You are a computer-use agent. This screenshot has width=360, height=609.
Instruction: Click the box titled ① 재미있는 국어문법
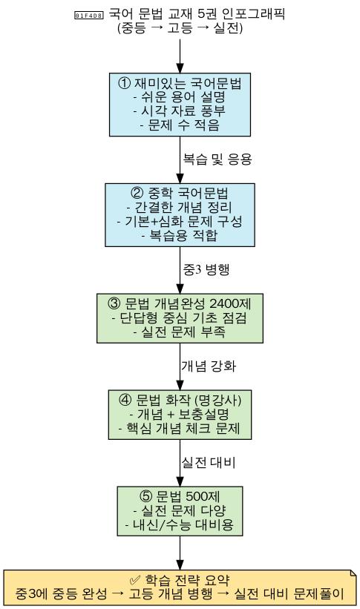(180, 105)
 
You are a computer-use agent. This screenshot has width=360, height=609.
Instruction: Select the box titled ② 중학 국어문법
(180, 215)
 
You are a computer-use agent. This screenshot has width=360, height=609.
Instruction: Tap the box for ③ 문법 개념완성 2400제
(180, 318)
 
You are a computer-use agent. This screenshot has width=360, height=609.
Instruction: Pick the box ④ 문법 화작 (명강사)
(180, 415)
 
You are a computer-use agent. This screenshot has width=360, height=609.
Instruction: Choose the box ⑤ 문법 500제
(180, 511)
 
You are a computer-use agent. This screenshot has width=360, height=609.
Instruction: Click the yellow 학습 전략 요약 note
(180, 587)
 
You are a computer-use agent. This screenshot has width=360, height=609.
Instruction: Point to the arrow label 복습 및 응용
(217, 159)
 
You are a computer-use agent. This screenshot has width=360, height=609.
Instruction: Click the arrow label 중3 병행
(206, 269)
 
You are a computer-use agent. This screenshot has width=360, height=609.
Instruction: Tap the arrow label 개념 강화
(209, 366)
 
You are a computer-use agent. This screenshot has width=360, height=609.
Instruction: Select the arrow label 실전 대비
(209, 462)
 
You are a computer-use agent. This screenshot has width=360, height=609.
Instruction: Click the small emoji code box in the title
(88, 16)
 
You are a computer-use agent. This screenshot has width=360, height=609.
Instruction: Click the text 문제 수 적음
(180, 125)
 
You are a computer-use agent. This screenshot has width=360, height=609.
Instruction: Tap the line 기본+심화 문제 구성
(180, 221)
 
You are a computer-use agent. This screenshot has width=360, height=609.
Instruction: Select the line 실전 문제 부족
(180, 332)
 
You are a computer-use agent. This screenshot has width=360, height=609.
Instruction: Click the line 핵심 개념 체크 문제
(180, 428)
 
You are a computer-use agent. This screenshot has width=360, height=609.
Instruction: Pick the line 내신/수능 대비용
(180, 524)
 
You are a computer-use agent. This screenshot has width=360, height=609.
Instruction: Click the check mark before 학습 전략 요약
(135, 580)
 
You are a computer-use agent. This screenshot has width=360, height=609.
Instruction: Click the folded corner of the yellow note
(353, 573)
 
